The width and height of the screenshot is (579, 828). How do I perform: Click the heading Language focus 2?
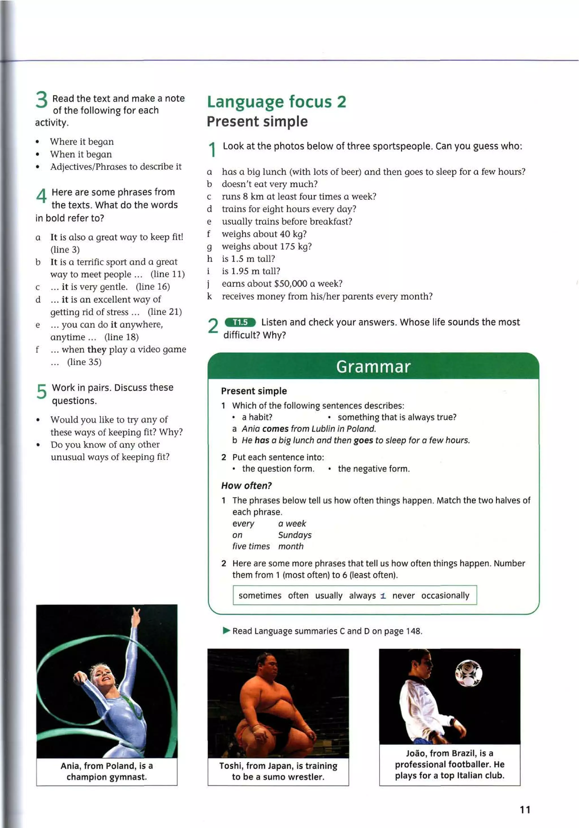pyautogui.click(x=276, y=102)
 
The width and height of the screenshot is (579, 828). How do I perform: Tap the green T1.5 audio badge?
pyautogui.click(x=240, y=322)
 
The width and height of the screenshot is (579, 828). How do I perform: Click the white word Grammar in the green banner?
pyautogui.click(x=373, y=367)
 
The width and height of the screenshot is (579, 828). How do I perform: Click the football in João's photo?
pyautogui.click(x=468, y=673)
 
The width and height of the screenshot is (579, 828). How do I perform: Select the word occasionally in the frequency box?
pyautogui.click(x=445, y=596)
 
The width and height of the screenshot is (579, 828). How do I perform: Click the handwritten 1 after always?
pyautogui.click(x=383, y=596)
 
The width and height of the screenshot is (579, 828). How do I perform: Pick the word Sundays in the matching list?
pyautogui.click(x=295, y=535)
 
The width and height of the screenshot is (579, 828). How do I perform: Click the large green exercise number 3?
pyautogui.click(x=42, y=100)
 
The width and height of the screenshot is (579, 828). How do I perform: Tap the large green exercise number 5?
pyautogui.click(x=42, y=391)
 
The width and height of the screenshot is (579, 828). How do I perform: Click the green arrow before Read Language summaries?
pyautogui.click(x=226, y=631)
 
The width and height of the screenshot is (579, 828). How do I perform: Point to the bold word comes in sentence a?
pyautogui.click(x=275, y=429)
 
